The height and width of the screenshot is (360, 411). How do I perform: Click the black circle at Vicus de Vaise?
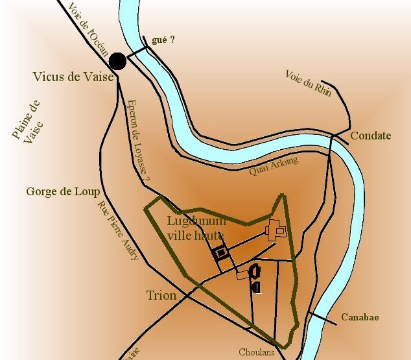tap(117, 61)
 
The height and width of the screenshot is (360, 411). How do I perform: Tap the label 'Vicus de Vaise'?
tap(73, 77)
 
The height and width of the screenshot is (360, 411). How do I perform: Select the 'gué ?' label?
tap(163, 40)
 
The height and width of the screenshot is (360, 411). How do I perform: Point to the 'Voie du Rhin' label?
tap(309, 83)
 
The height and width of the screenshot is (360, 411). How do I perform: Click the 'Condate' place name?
tap(371, 136)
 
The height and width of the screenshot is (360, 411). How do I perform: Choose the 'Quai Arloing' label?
tap(274, 165)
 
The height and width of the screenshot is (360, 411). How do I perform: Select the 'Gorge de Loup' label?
tap(63, 191)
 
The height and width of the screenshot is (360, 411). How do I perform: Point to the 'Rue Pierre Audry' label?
tap(118, 231)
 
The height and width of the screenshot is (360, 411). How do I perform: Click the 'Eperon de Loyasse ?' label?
tap(139, 140)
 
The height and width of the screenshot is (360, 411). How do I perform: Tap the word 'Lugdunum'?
tap(196, 221)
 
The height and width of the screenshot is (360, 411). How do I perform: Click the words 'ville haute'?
tap(196, 236)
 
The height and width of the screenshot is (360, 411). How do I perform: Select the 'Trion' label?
tap(161, 296)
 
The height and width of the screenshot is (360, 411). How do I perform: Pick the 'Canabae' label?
tap(360, 318)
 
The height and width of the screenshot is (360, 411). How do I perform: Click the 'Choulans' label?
tap(257, 353)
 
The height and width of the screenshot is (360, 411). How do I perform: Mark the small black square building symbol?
tap(221, 254)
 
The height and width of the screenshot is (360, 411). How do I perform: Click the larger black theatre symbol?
tap(255, 272)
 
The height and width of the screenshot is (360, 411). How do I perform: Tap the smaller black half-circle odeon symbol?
tap(257, 287)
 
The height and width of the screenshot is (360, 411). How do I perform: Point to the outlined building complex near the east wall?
tap(278, 230)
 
